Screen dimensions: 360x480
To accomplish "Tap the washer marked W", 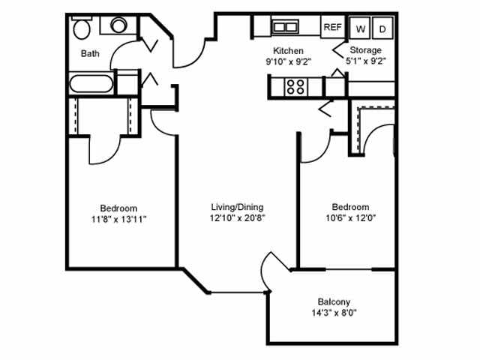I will [x=361, y=28].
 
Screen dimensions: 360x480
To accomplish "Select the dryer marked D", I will [x=382, y=28].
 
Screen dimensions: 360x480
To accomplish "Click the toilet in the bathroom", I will [x=82, y=29].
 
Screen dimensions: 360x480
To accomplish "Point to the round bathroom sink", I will [x=118, y=25].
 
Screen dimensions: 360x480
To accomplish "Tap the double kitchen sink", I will [x=285, y=27].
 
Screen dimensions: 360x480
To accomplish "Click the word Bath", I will [x=90, y=53].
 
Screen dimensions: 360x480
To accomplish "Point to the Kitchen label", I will [x=288, y=51].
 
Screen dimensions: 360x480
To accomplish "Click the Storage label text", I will [x=366, y=50].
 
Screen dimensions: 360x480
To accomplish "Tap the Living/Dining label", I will [x=238, y=207].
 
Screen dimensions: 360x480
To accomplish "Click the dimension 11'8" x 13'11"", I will [x=118, y=219].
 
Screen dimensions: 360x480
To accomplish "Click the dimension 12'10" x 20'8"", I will [x=238, y=218].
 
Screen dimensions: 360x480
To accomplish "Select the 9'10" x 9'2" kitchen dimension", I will [x=288, y=61].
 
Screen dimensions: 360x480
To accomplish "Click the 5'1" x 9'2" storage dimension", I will [x=366, y=61].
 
